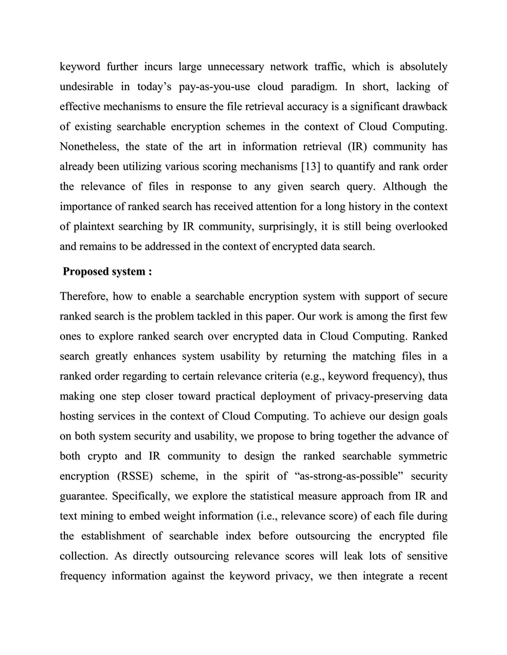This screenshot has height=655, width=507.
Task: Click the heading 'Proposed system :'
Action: (107, 271)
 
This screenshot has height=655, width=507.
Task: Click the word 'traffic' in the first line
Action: (330, 66)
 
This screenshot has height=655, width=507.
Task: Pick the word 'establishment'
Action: (113, 536)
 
